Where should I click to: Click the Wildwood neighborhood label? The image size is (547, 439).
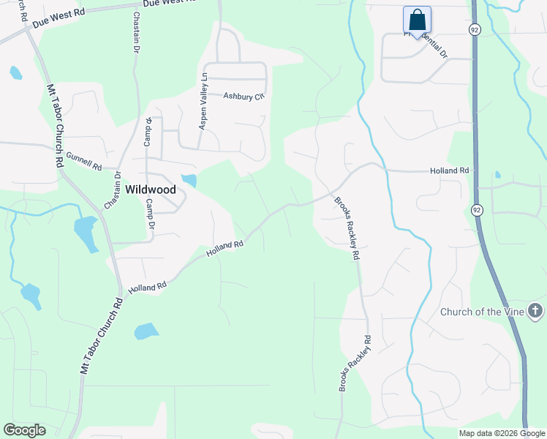point(151,189)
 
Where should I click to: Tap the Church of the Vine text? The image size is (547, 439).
point(482,312)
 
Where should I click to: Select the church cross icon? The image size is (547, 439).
point(535,312)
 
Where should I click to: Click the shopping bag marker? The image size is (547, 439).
point(417,20)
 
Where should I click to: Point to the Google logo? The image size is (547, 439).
point(24,430)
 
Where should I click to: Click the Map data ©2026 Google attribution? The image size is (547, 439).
point(501,433)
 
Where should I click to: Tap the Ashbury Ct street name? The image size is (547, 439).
point(243,96)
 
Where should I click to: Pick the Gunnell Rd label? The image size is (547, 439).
point(83,161)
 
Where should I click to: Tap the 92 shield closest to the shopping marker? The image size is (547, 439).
point(475,29)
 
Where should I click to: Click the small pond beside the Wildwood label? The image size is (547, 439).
point(189,180)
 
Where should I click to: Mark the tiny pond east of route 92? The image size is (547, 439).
point(497,175)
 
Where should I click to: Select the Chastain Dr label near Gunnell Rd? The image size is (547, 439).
point(112,190)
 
